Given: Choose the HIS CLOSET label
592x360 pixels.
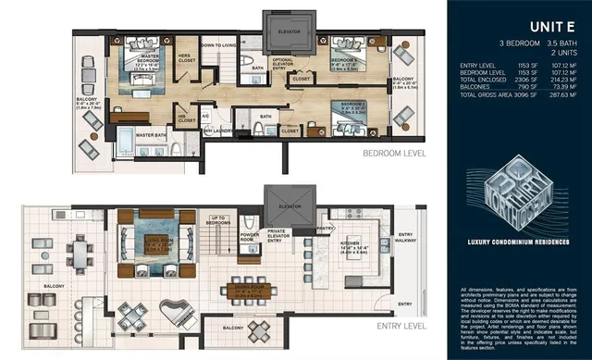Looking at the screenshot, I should [187, 118].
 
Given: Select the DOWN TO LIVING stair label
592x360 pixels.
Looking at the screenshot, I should [219, 45].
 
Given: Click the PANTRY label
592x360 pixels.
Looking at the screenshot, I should [325, 227].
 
